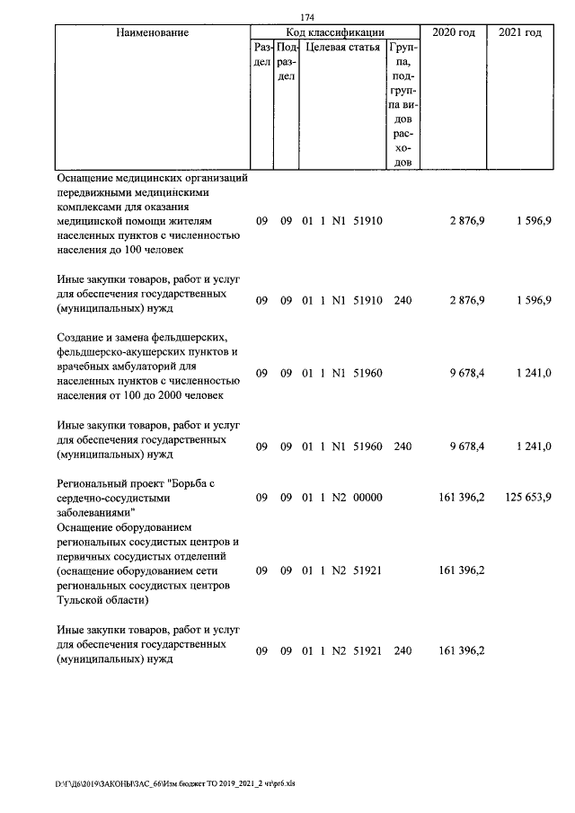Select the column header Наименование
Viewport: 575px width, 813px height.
(152, 32)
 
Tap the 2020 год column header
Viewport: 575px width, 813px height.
(454, 32)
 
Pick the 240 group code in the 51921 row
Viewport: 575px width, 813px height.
(402, 650)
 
